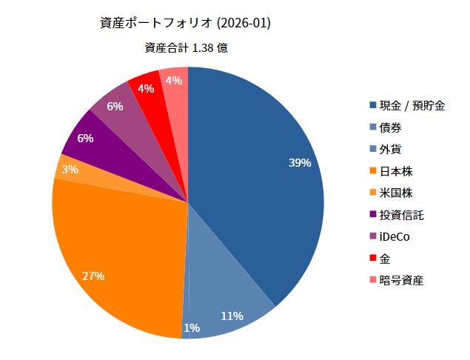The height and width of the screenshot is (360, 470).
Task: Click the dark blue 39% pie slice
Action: tap(259, 170)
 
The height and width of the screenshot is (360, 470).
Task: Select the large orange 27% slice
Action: tap(118, 252)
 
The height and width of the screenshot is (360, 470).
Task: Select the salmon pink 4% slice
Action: tap(175, 81)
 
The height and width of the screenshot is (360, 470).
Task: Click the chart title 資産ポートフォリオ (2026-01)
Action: tap(185, 23)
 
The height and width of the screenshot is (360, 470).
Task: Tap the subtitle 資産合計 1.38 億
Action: tap(185, 48)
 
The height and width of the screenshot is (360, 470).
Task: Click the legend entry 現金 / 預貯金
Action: tap(412, 105)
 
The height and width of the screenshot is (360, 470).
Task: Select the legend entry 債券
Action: tap(390, 127)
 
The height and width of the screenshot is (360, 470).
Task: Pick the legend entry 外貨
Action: tap(390, 149)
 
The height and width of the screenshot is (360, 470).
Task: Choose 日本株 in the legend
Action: tap(395, 171)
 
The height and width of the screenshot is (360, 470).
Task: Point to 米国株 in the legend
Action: tap(395, 193)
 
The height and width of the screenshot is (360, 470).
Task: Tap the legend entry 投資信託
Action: tap(401, 215)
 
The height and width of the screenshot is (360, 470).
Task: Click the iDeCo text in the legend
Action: tap(394, 237)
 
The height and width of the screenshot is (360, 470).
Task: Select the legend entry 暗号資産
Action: tap(401, 281)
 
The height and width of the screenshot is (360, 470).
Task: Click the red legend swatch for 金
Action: tap(373, 259)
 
